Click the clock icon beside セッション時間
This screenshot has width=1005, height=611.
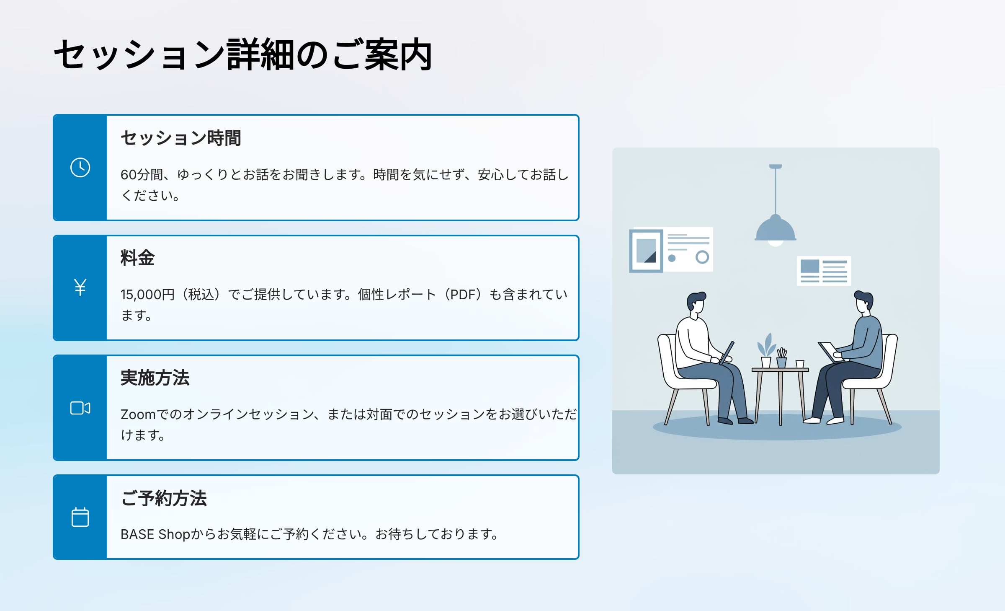pos(80,168)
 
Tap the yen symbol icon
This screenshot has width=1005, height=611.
pos(80,287)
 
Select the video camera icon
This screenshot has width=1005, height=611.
pos(80,408)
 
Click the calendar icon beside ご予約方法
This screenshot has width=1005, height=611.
pos(80,517)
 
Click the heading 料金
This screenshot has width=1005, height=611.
pos(138,257)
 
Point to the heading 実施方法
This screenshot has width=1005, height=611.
pos(155,378)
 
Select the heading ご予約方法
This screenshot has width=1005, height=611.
pos(164,498)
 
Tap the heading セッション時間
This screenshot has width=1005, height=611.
pos(181,138)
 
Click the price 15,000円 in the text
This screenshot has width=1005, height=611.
pos(147,295)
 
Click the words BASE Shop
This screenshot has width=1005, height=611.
pos(155,534)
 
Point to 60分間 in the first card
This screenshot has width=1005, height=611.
pos(142,175)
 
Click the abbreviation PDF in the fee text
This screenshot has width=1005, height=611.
pos(463,295)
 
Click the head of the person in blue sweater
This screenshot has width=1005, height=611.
pos(863,303)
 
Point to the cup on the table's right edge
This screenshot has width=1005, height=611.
pos(800,364)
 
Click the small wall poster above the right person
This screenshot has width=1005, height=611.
pos(824,271)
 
